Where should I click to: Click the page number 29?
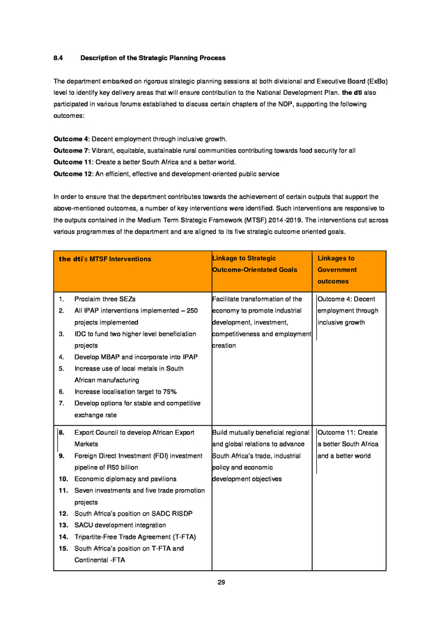pos(221,582)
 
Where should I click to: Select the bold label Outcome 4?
pos(71,139)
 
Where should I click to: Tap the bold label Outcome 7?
pos(71,150)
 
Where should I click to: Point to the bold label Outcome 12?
pos(72,173)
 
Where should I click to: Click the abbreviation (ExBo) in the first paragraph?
pos(376,82)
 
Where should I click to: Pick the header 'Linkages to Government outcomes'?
pos(337,269)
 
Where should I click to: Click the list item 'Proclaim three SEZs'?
pos(104,299)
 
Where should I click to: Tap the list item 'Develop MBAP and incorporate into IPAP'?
pos(136,357)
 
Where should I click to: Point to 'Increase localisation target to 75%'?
pos(125,391)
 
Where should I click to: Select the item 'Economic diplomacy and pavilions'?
pos(125,479)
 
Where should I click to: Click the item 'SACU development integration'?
pos(120,525)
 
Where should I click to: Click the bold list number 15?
pos(62,548)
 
